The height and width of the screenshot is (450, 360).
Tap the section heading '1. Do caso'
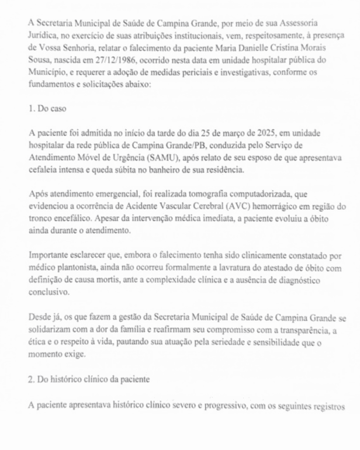[47, 109]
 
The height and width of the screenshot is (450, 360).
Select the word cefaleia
[46, 169]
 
